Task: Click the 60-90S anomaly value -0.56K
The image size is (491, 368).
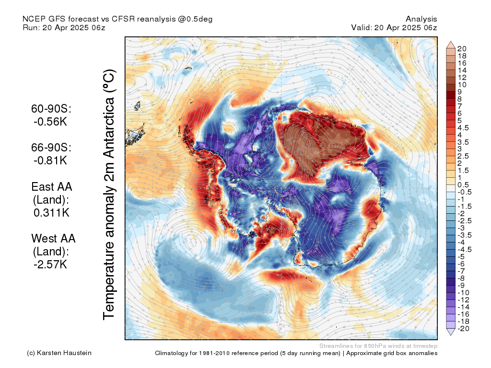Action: point(50,122)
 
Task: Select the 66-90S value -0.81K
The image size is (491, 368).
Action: point(50,161)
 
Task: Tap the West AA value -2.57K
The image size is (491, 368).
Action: point(50,264)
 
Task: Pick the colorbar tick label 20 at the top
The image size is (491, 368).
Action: point(462,48)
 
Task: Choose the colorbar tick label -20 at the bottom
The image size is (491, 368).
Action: point(464,328)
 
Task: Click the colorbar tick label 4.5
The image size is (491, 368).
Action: point(463,127)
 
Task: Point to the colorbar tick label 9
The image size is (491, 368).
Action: point(460,92)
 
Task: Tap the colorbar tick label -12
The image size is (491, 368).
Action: point(464,299)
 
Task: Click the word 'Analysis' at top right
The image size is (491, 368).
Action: point(421,19)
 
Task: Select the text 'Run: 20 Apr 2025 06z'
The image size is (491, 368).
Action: point(64,27)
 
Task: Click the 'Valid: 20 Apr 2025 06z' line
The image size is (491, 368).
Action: point(394,27)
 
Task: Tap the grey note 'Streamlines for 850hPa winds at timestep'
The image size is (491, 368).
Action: point(378,346)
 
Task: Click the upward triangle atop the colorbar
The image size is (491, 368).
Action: point(451,45)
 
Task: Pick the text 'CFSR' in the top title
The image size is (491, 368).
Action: point(124,19)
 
